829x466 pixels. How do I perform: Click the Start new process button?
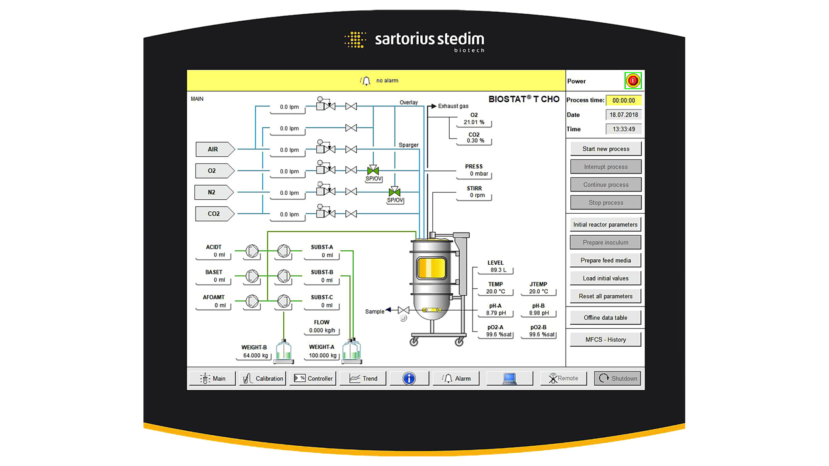606,149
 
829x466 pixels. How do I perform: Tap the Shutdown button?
617,378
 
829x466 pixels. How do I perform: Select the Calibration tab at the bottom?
263,378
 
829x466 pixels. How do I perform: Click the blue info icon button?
409,378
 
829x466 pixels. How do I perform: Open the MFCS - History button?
606,340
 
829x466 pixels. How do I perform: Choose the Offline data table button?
606,318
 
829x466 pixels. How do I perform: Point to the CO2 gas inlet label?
214,214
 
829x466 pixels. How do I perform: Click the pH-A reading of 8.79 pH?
496,313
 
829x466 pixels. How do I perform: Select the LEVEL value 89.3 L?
498,270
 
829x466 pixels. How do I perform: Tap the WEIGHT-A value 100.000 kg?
322,355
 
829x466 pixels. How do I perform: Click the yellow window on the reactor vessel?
431,268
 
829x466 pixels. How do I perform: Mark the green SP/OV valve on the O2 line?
373,170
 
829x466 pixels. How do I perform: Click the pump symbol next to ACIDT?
252,251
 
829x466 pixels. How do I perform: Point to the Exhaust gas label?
453,106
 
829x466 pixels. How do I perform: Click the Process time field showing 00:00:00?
623,100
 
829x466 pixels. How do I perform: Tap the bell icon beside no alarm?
366,81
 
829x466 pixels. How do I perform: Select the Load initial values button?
606,278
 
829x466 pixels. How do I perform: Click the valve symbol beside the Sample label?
403,310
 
